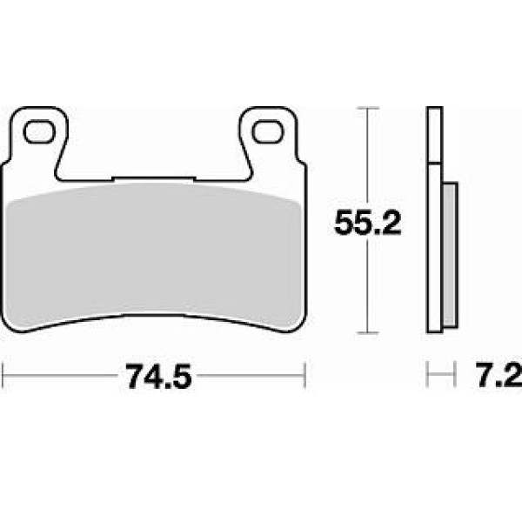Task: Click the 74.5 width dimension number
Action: [158, 376]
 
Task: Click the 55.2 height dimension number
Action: [367, 223]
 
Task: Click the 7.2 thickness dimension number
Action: [499, 375]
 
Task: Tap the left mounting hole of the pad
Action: [39, 131]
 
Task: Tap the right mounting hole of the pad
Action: [268, 132]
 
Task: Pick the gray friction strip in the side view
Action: [450, 255]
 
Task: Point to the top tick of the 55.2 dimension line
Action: [367, 108]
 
